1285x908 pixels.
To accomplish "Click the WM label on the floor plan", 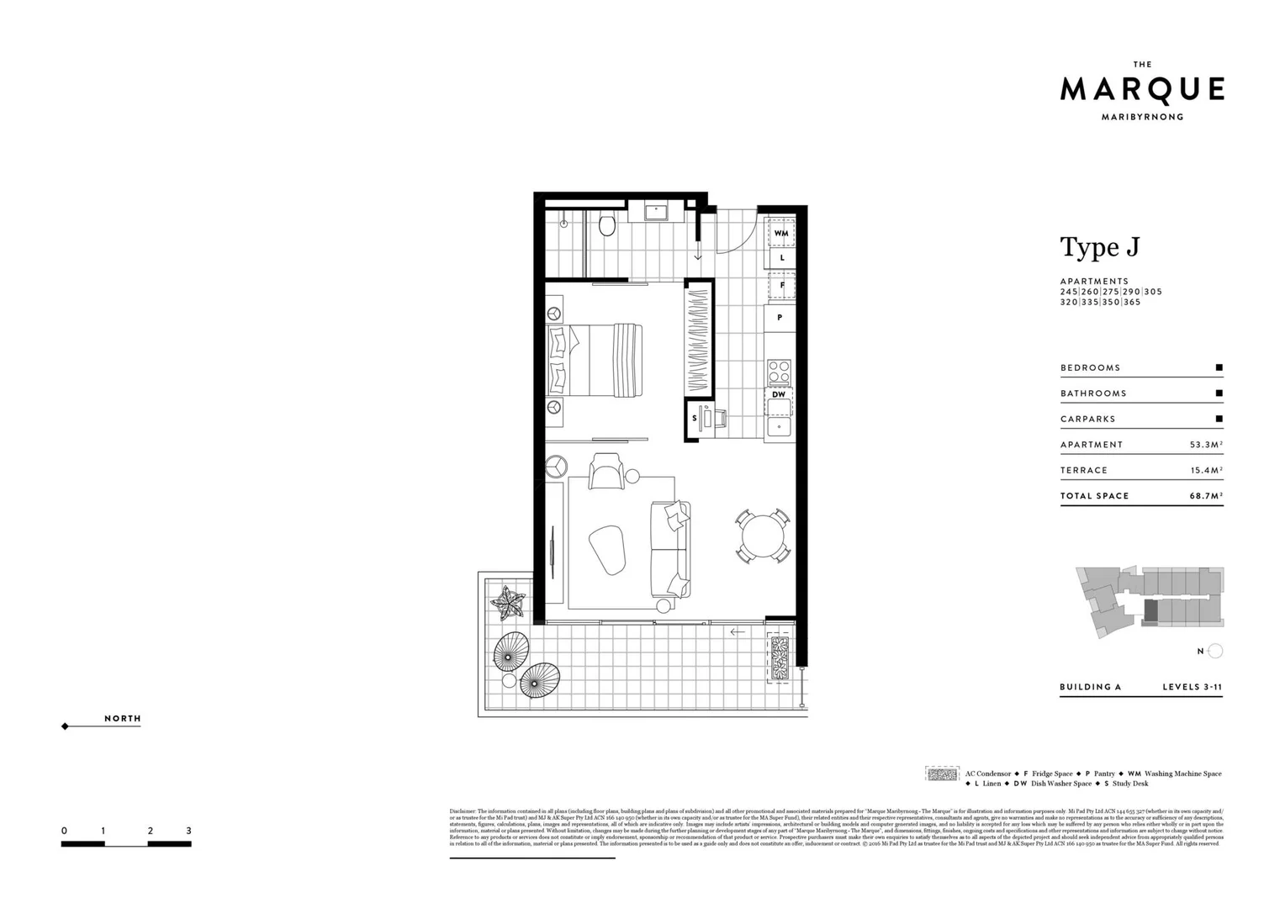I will [781, 233].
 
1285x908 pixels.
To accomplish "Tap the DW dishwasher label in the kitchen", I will [779, 394].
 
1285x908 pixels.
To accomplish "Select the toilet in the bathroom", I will [606, 224].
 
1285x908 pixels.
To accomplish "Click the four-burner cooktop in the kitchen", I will [779, 371].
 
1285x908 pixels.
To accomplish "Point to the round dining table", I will [763, 536].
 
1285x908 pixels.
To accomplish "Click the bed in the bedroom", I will [595, 361].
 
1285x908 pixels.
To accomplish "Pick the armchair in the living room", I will [606, 472].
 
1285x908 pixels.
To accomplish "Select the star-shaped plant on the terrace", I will [508, 603].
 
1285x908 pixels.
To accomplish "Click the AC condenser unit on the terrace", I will [780, 657].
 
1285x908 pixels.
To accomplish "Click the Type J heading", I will [1099, 247].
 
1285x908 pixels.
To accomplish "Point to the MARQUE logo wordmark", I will [1141, 89].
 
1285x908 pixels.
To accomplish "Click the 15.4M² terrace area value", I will [1206, 470].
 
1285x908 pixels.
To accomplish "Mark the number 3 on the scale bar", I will [188, 831].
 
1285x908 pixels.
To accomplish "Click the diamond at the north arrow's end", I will [65, 726].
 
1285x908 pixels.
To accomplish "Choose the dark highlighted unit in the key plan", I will [1150, 611].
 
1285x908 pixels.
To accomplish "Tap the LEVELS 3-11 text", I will [1192, 687].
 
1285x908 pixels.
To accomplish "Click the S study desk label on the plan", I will [695, 418].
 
